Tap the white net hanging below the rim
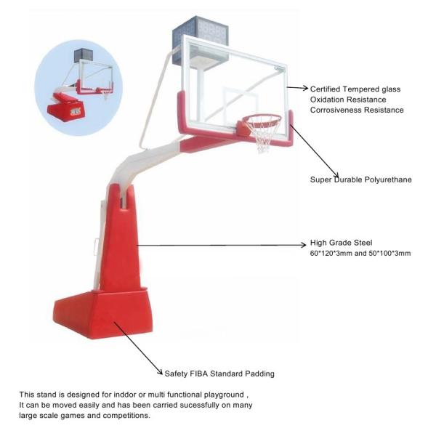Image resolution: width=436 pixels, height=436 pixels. coord(263,137)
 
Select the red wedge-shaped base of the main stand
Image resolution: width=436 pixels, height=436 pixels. coord(103,314)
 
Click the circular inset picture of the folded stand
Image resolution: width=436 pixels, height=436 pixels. coord(78,88)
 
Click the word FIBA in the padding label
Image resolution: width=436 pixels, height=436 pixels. coord(198,374)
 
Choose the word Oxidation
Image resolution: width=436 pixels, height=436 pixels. coord(327,100)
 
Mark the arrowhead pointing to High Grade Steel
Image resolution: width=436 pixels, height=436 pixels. coord(303,245)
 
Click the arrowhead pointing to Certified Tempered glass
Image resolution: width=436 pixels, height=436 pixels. coord(305,89)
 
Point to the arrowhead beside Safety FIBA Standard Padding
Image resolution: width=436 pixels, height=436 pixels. coord(160,372)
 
